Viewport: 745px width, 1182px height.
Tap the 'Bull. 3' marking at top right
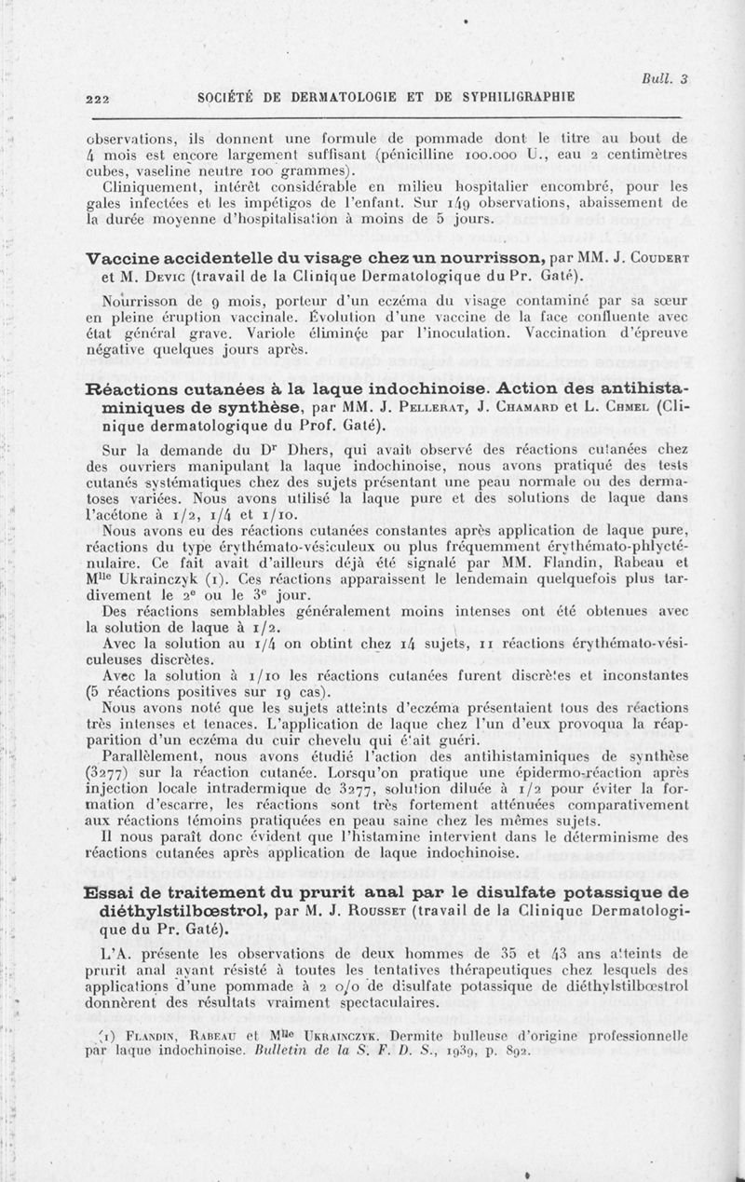pos(668,79)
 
